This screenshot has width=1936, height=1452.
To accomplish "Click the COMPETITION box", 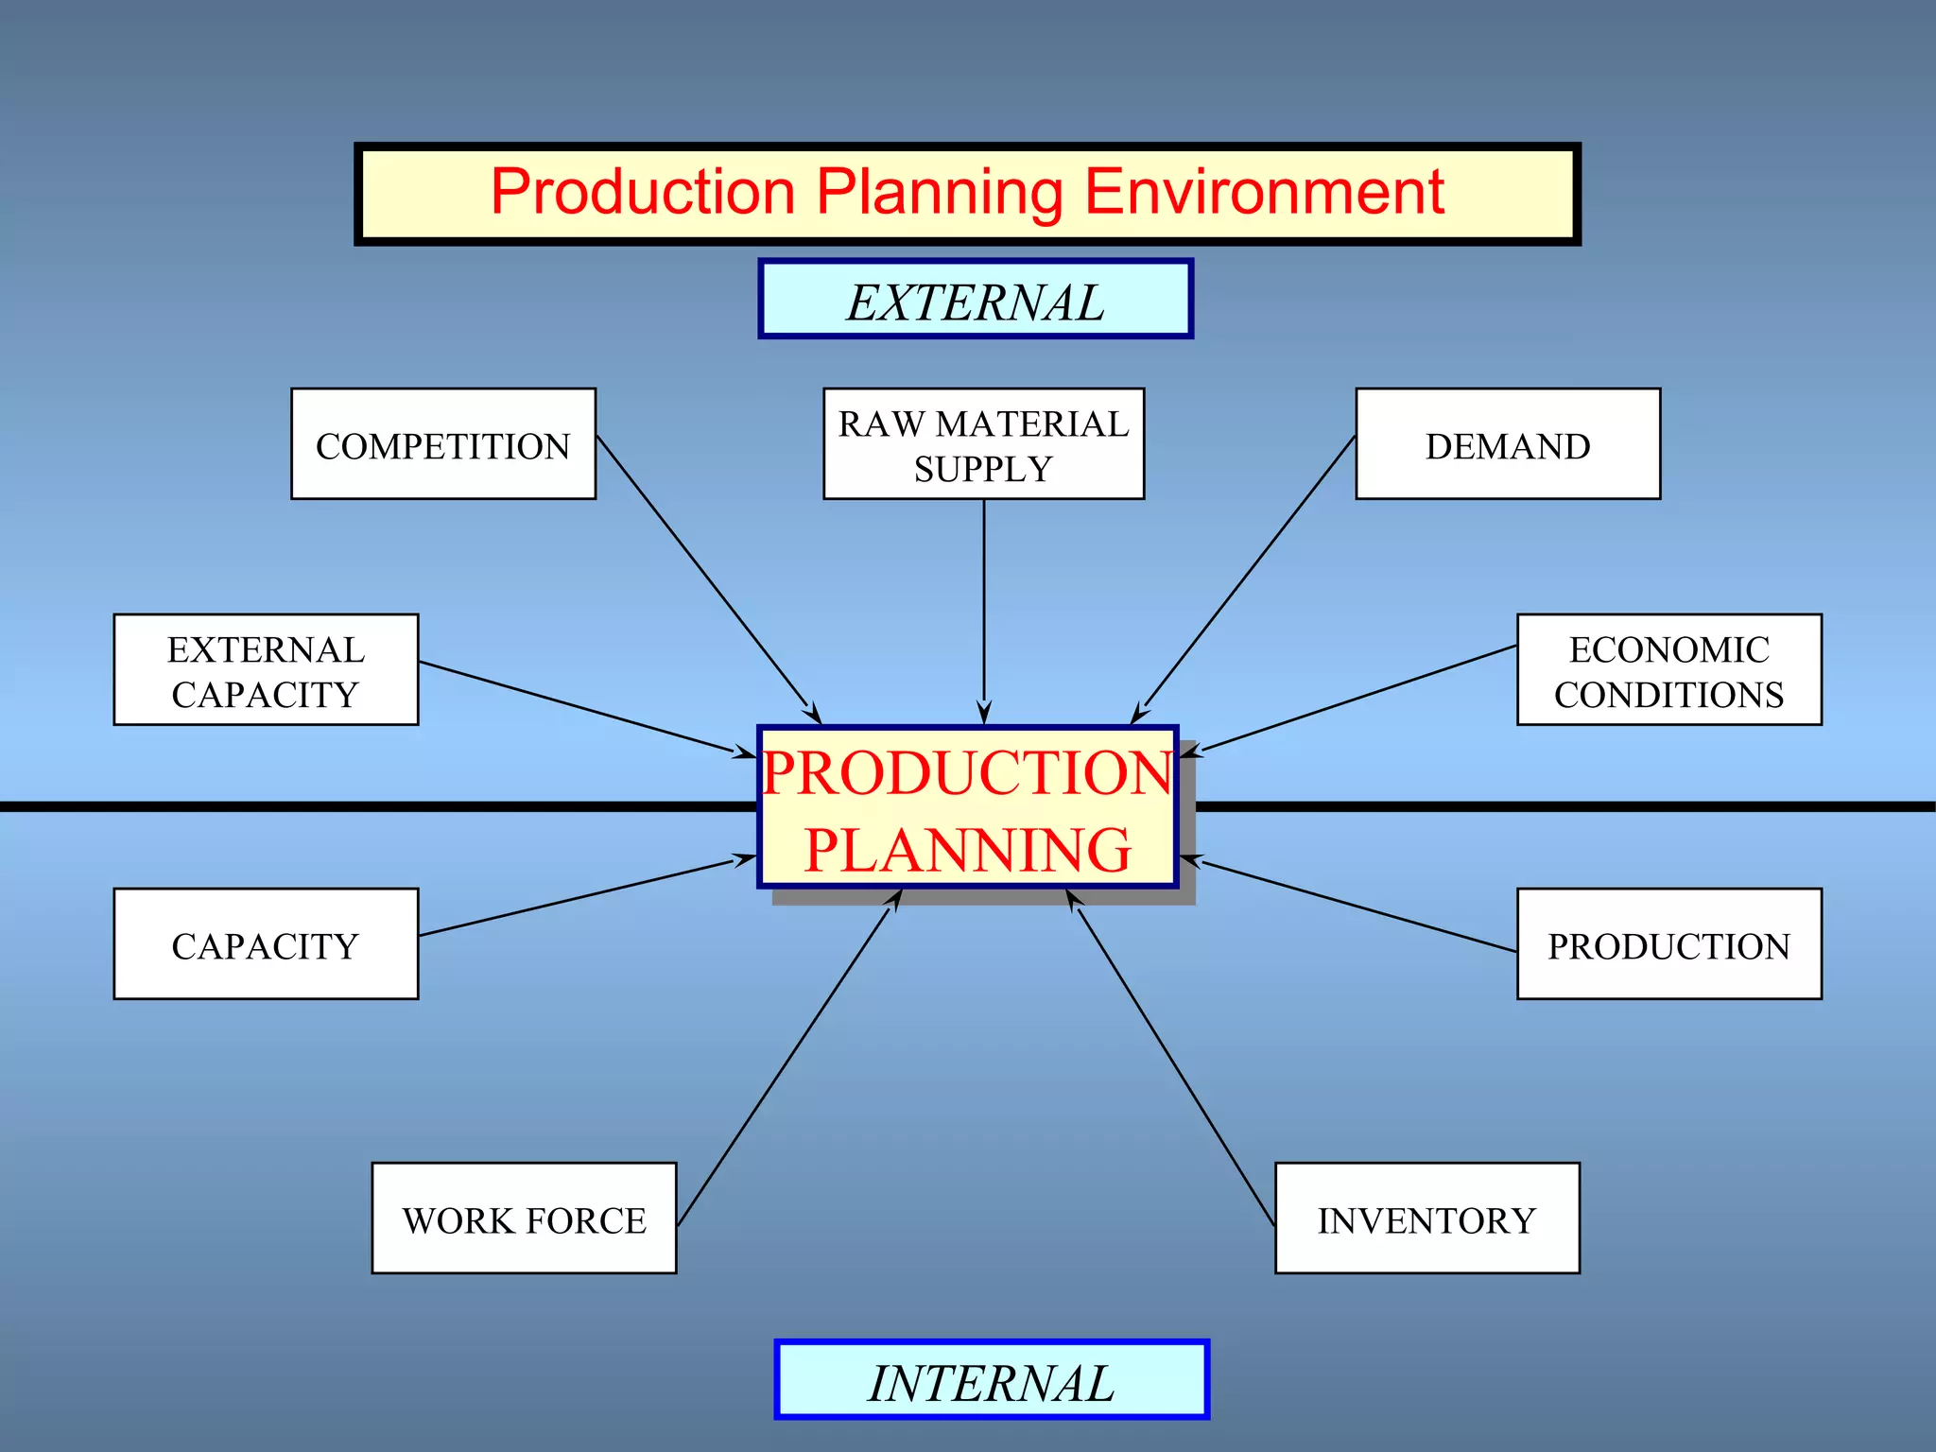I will [x=443, y=444].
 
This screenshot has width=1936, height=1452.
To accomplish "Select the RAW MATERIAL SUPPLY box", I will [x=983, y=444].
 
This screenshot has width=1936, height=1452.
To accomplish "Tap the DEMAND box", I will [x=1508, y=444].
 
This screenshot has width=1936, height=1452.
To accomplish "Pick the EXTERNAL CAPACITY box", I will [x=266, y=670].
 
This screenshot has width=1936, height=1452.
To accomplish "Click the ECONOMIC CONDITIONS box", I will [x=1668, y=670].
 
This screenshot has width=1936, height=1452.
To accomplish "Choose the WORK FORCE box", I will [x=524, y=1219].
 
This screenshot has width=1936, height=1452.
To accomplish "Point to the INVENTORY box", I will [x=1426, y=1219].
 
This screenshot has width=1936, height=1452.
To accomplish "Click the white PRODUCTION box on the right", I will [x=1668, y=944].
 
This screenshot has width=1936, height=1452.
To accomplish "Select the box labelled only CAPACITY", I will [x=266, y=944].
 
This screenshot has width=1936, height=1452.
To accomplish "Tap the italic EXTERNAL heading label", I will [x=975, y=301].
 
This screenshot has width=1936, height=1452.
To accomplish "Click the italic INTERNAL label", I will [x=991, y=1381].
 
